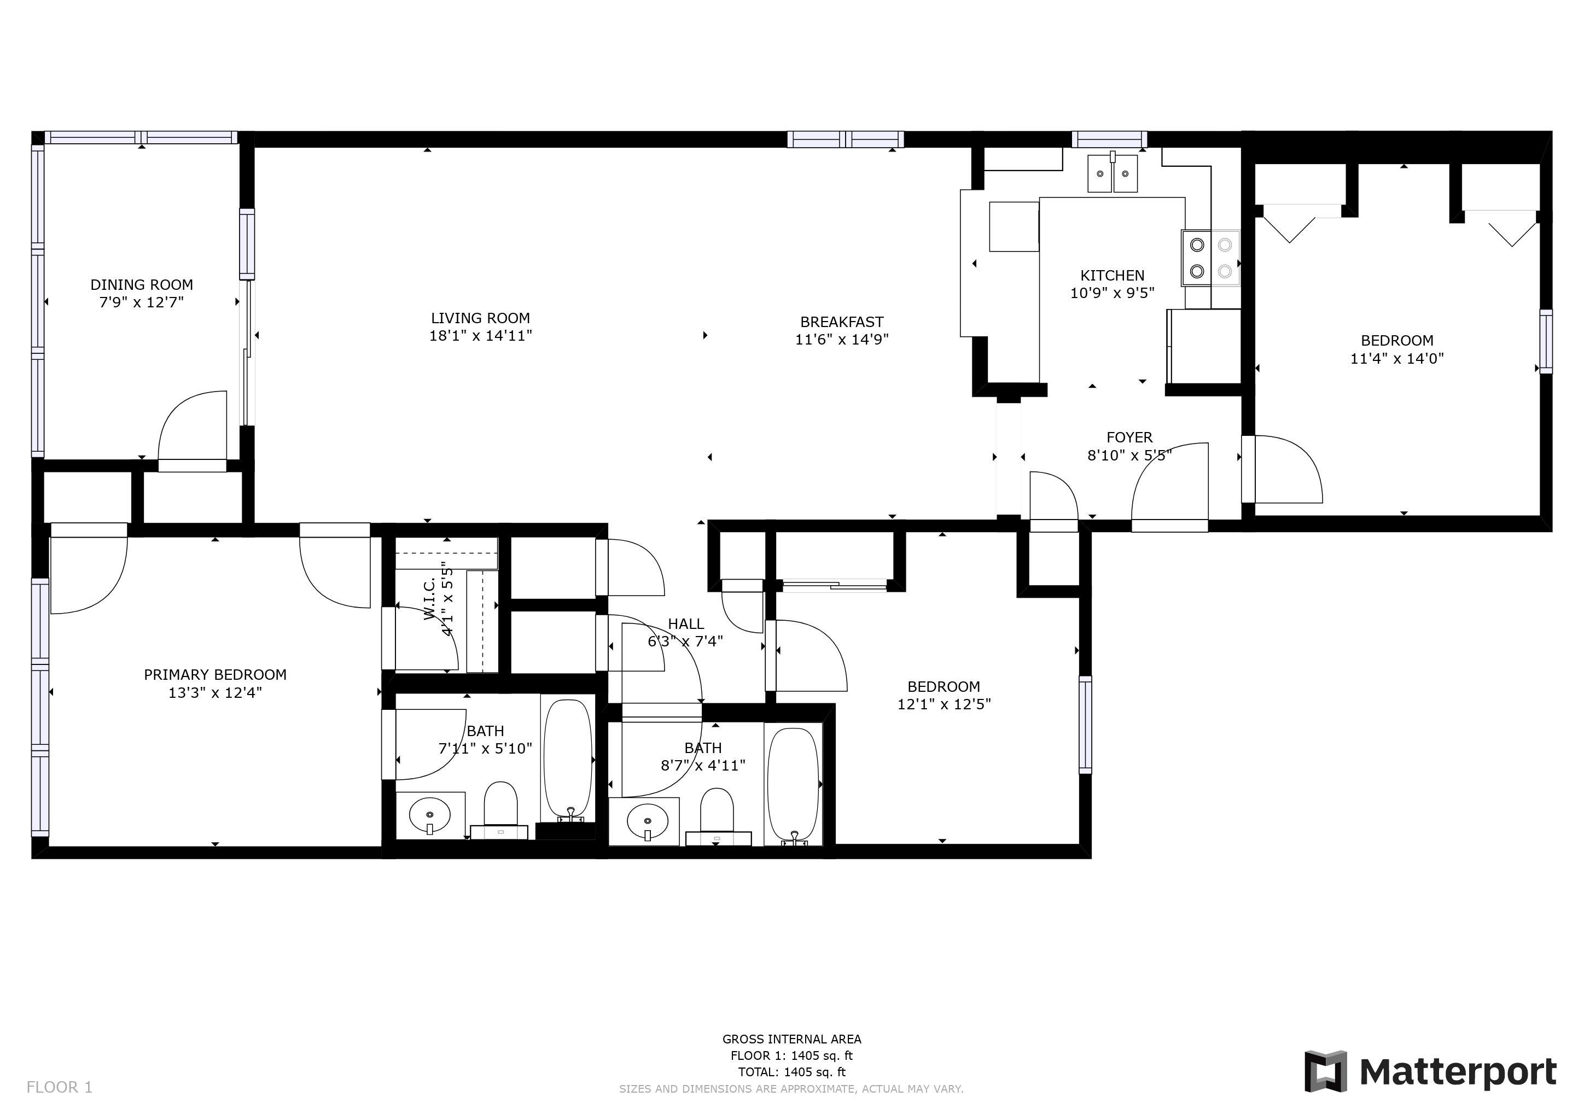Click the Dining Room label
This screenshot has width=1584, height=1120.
click(x=142, y=285)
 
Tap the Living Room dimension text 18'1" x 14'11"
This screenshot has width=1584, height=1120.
click(x=480, y=336)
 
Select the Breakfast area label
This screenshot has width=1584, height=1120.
click(x=842, y=322)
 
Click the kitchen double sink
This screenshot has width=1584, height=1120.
click(x=1113, y=173)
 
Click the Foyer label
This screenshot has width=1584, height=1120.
click(x=1129, y=437)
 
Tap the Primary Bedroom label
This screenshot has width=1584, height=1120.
click(x=216, y=674)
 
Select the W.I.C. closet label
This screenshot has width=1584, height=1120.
click(x=430, y=599)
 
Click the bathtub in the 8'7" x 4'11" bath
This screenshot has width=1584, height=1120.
click(x=794, y=787)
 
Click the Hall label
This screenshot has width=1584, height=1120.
click(x=686, y=624)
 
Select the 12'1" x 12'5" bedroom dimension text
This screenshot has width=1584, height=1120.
click(x=944, y=704)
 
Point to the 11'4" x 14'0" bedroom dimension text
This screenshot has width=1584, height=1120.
click(x=1397, y=359)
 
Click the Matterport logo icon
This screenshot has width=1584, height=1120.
click(x=1325, y=1072)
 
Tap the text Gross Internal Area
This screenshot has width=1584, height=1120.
click(x=792, y=1039)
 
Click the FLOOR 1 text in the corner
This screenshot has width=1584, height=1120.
click(x=59, y=1088)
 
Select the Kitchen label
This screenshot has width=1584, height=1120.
click(x=1112, y=275)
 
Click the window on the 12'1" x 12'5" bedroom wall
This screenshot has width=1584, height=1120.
click(x=1085, y=724)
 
